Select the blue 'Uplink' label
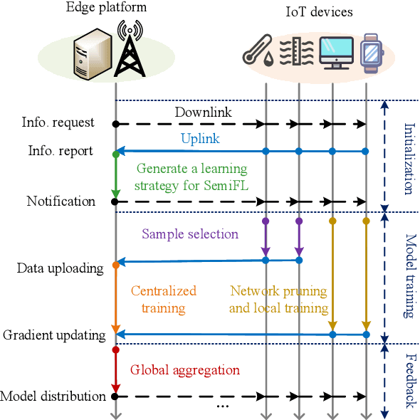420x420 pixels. pyautogui.click(x=200, y=139)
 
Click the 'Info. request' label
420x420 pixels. pyautogui.click(x=58, y=122)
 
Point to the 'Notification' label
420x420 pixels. pyautogui.click(x=61, y=201)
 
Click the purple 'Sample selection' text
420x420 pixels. pyautogui.click(x=190, y=233)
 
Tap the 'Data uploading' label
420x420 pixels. pyautogui.click(x=60, y=268)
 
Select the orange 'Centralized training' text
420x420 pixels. pyautogui.click(x=163, y=299)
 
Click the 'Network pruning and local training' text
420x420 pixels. pyautogui.click(x=278, y=299)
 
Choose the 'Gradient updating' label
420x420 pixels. pyautogui.click(x=54, y=335)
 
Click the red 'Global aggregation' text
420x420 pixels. pyautogui.click(x=184, y=370)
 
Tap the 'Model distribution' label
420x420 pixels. pyautogui.click(x=53, y=397)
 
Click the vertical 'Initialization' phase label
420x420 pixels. pyautogui.click(x=408, y=159)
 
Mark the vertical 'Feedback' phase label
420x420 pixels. pyautogui.click(x=408, y=382)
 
